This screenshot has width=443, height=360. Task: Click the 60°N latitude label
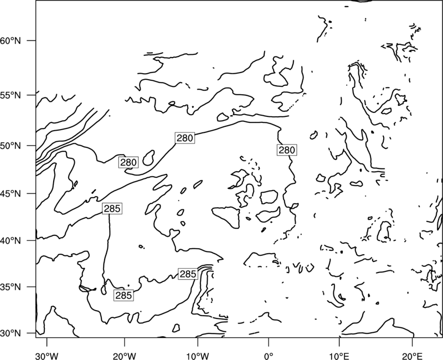point(11,41)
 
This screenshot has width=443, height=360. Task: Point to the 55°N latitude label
point(11,95)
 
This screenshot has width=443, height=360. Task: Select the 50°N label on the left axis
point(11,146)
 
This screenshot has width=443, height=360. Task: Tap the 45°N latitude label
point(11,194)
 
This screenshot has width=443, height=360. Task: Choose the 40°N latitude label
point(11,241)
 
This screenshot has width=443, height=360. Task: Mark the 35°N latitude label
point(11,287)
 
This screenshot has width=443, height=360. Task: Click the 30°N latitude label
point(11,333)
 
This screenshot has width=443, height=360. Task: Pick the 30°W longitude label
point(47,356)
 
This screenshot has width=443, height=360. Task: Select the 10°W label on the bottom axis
point(198,356)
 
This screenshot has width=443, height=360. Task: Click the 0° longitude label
point(269,356)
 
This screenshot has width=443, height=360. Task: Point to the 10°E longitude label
point(339,356)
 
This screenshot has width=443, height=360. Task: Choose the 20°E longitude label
point(413,356)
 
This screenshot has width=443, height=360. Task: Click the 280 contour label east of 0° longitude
point(287,150)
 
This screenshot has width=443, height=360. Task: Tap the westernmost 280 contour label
point(128,162)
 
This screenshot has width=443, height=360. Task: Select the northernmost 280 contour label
point(185,138)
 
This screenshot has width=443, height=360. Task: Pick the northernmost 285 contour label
point(112,209)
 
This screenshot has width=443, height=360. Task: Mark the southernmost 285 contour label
point(123,295)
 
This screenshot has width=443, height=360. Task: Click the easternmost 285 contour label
point(188,274)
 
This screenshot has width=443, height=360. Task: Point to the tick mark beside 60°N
point(32,40)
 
